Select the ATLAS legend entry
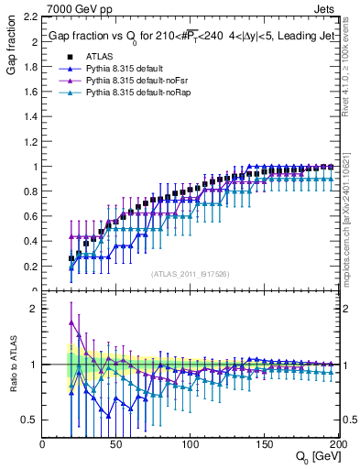(x=100, y=56)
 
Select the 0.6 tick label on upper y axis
(x=30, y=216)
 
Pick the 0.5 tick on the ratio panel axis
(x=30, y=420)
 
